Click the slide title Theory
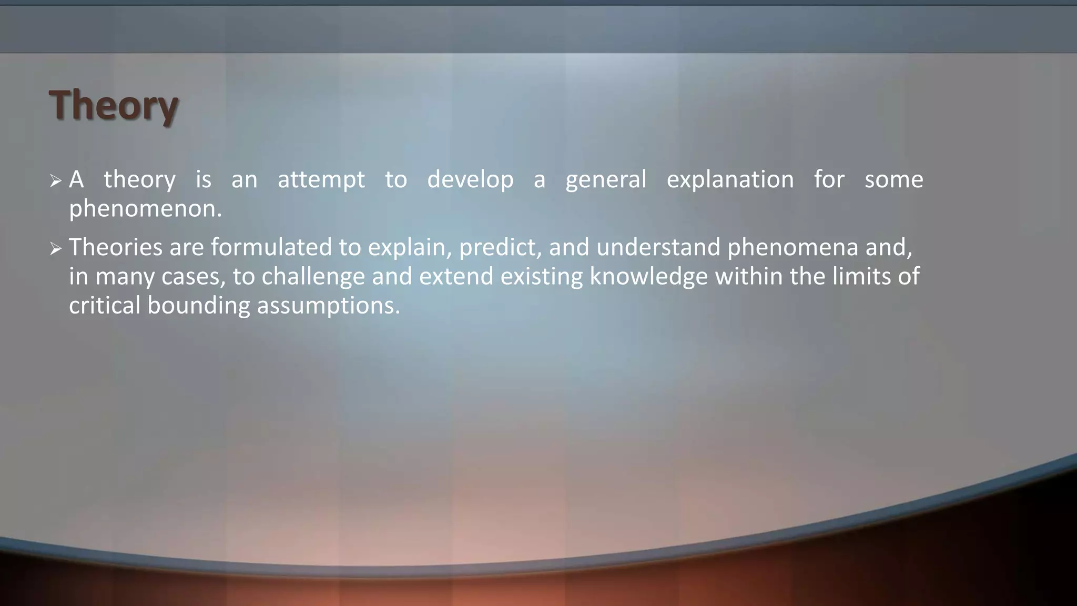pyautogui.click(x=114, y=105)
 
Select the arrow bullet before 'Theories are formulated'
pyautogui.click(x=56, y=249)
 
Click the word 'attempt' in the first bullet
pyautogui.click(x=321, y=180)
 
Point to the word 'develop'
pyautogui.click(x=470, y=180)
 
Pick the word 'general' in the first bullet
pyautogui.click(x=606, y=180)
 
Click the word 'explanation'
pyautogui.click(x=730, y=180)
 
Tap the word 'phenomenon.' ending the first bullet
pyautogui.click(x=146, y=209)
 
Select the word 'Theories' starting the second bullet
pyautogui.click(x=116, y=247)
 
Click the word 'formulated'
pyautogui.click(x=271, y=247)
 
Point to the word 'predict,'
pyautogui.click(x=500, y=247)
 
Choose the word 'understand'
pyautogui.click(x=658, y=247)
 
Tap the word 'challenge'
pyautogui.click(x=313, y=277)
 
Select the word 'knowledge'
pyautogui.click(x=649, y=277)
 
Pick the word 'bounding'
pyautogui.click(x=198, y=306)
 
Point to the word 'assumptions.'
pyautogui.click(x=328, y=306)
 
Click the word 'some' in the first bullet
pyautogui.click(x=894, y=180)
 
